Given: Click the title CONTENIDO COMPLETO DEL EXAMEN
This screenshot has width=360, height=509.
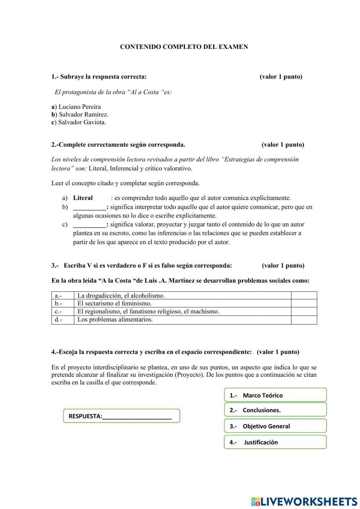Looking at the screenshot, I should point(184,47).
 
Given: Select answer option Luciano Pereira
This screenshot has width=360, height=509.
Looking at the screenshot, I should point(79,107).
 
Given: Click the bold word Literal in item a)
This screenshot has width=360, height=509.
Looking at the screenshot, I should point(83,198).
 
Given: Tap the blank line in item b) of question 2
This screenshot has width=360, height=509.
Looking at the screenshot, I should point(89,207).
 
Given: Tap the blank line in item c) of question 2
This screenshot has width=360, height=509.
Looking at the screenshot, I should point(89,224).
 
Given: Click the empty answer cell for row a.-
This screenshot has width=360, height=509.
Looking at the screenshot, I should point(304,295).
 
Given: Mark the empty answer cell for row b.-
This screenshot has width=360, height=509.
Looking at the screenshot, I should point(304,303).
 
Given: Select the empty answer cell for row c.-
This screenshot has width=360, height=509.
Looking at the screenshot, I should point(304,311).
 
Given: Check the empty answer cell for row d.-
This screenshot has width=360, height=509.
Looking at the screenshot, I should point(304,320).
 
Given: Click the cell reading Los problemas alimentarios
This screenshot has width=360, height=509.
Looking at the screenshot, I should point(115,320).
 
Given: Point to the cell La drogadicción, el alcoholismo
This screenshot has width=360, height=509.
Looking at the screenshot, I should point(121,295).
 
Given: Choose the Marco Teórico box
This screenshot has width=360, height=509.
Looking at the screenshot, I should point(275,395).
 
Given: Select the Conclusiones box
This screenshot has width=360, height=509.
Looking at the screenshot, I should point(275,410).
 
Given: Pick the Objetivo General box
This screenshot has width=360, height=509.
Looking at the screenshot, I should point(275,426).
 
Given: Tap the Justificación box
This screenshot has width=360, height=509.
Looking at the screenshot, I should point(275,442).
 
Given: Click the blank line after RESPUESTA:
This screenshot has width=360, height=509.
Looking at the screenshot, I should point(137,416).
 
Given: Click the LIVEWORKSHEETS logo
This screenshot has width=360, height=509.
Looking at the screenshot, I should point(304,501).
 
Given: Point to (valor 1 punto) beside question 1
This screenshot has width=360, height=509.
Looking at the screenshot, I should point(281,77).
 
